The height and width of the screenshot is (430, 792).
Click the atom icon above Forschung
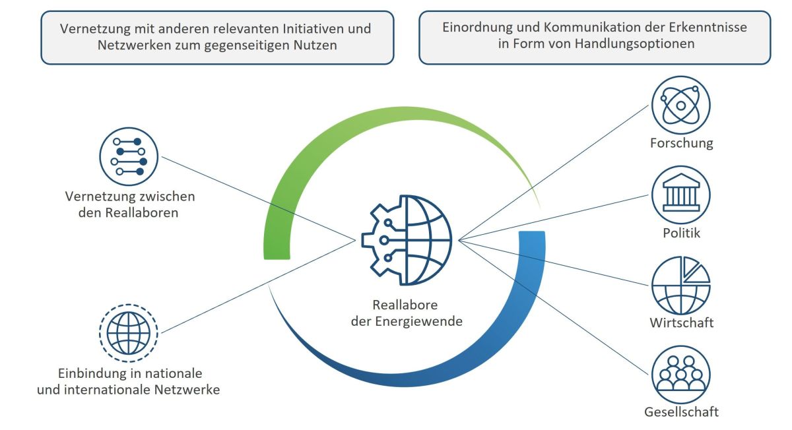point(680,106)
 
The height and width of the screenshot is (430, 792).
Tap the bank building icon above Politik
point(680,195)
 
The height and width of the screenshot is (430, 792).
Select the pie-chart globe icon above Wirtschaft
point(680,285)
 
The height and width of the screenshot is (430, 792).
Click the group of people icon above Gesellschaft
point(680,375)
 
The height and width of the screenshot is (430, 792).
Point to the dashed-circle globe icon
point(128,333)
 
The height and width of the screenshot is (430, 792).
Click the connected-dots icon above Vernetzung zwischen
point(128,156)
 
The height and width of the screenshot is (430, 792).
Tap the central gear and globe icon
point(407,240)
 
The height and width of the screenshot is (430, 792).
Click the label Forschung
point(681,143)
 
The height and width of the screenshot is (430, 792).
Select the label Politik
point(681,233)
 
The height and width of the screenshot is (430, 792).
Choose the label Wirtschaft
point(681,322)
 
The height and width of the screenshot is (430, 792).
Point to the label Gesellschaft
point(681,412)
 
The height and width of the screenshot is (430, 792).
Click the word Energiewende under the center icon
point(418,321)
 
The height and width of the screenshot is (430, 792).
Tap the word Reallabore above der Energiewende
point(405,305)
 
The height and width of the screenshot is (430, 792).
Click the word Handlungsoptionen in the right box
point(635,44)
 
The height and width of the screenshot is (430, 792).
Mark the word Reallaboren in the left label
point(142,213)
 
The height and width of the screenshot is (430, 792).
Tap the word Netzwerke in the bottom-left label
point(187,390)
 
